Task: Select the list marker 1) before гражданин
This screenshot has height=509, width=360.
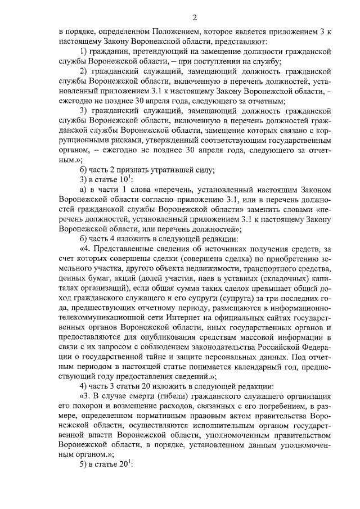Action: (x=84, y=52)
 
